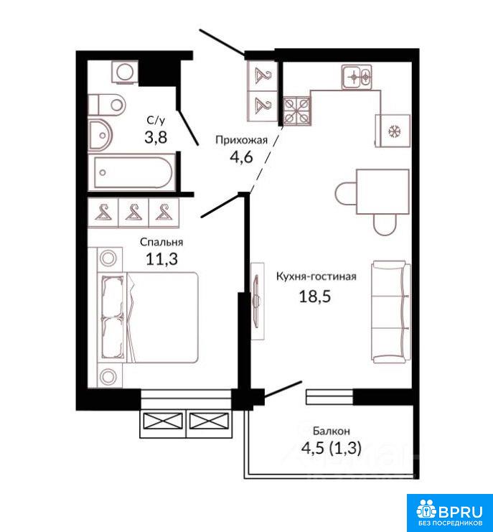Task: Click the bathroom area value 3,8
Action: [x=156, y=137]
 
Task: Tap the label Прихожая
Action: [x=242, y=140]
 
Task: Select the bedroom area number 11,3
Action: [x=161, y=259]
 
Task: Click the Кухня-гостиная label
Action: [x=316, y=276]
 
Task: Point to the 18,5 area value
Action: [x=314, y=297]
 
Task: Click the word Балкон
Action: [x=332, y=431]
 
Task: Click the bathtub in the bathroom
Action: [x=131, y=172]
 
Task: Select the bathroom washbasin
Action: [x=100, y=135]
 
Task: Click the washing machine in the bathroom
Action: [x=125, y=72]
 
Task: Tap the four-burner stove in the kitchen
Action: [x=296, y=111]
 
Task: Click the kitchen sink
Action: [x=357, y=77]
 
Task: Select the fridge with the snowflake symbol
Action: [x=393, y=131]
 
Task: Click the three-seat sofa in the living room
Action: [x=391, y=312]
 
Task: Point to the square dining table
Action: [x=382, y=192]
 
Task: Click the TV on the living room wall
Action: [x=258, y=300]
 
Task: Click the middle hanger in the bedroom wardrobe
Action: [x=133, y=213]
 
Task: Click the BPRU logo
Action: [x=450, y=513]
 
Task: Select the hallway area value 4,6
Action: [x=241, y=157]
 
